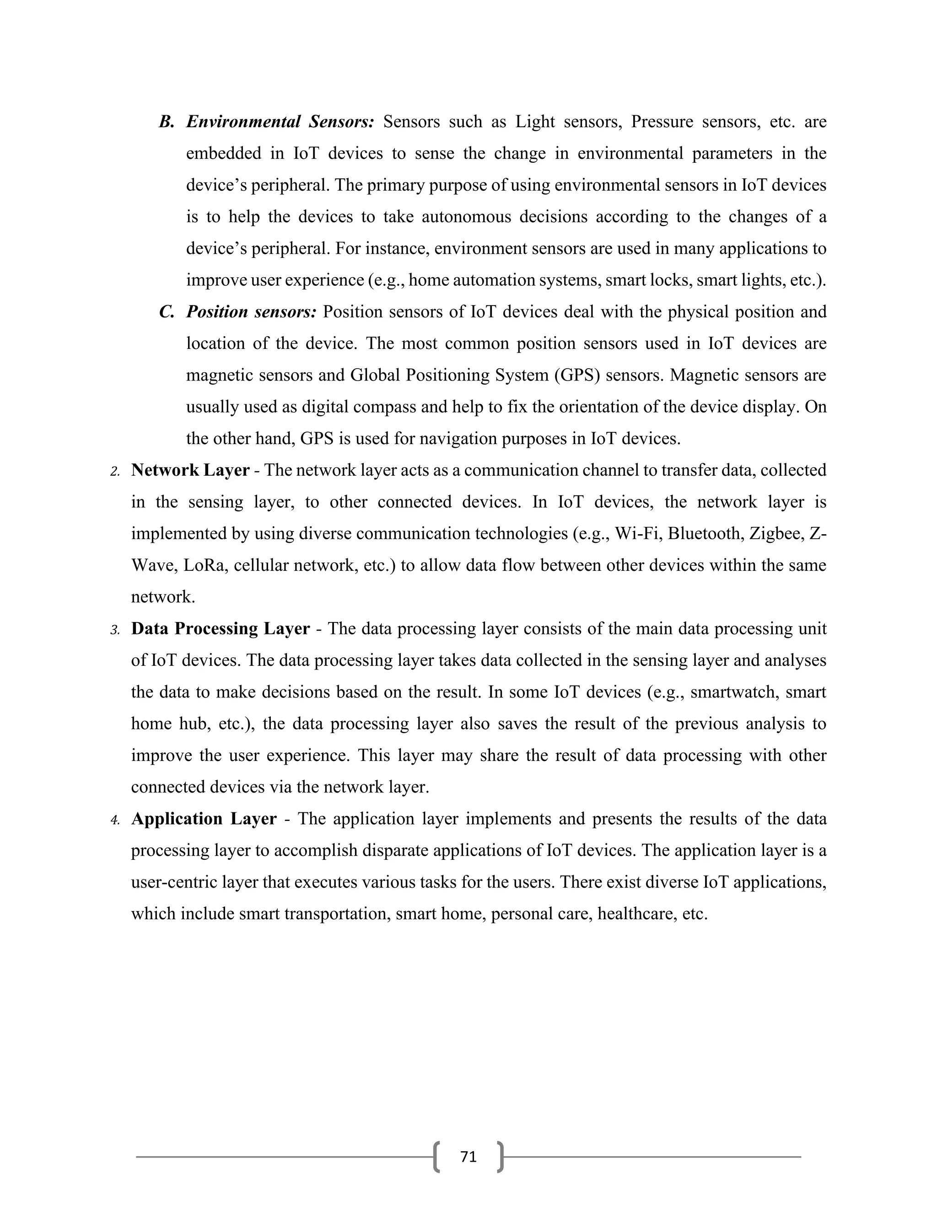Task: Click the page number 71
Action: point(468,1157)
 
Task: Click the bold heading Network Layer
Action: point(190,470)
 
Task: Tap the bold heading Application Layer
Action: point(203,819)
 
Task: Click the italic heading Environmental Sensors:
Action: point(280,122)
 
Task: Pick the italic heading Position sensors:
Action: point(251,312)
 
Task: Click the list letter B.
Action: point(166,122)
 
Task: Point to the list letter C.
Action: point(166,312)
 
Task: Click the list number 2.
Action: point(115,472)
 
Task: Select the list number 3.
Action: point(115,630)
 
